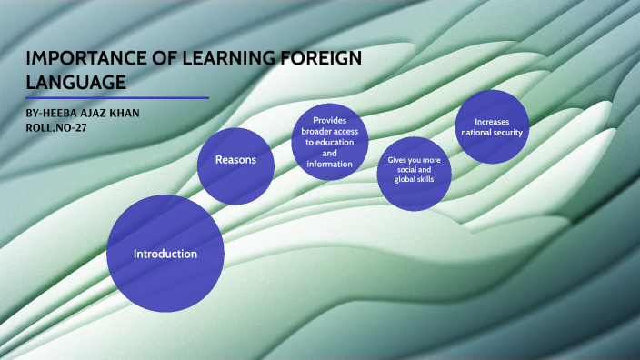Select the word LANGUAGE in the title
point(75,83)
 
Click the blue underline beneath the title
point(118,97)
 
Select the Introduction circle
point(165,254)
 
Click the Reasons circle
point(236,160)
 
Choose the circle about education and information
point(329,142)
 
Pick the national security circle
point(492,127)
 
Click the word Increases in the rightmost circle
point(492,122)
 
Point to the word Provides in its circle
point(329,120)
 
